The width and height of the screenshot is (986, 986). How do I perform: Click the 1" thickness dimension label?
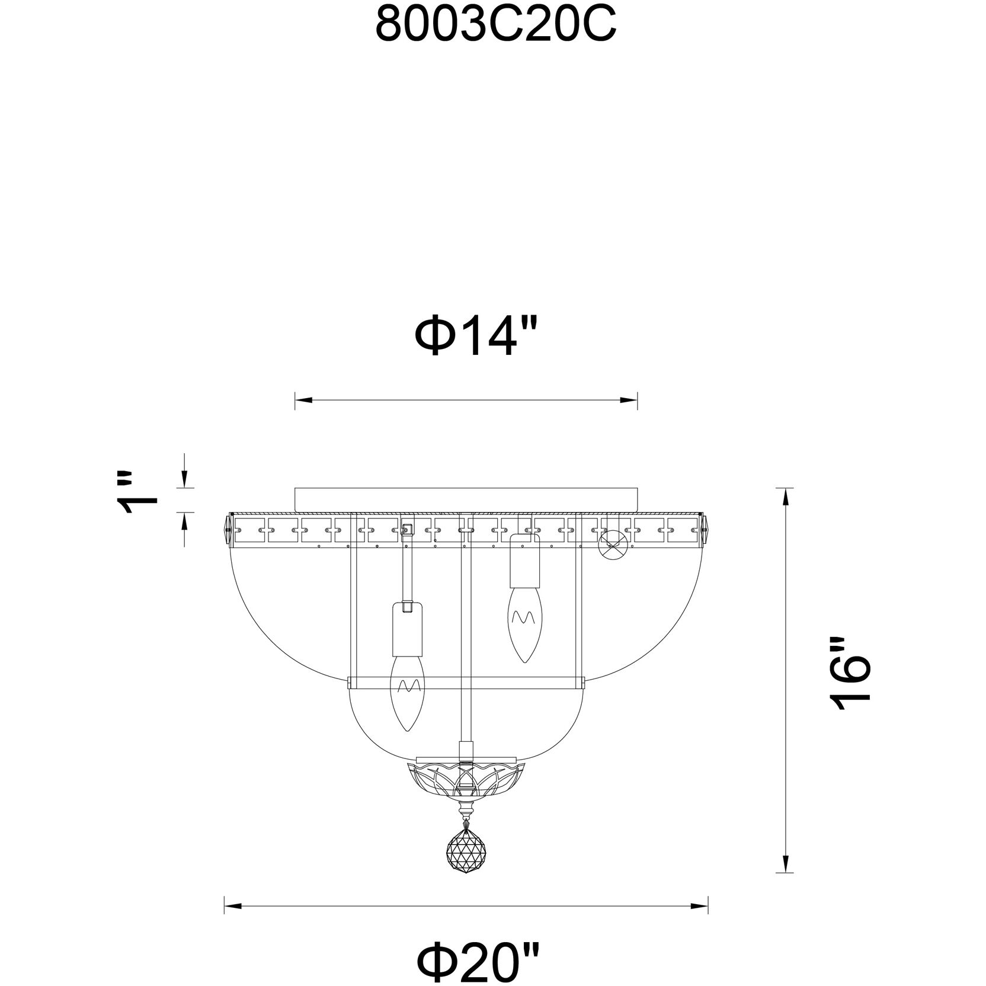pos(138,493)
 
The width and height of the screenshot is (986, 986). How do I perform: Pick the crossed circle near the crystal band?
pos(613,544)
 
